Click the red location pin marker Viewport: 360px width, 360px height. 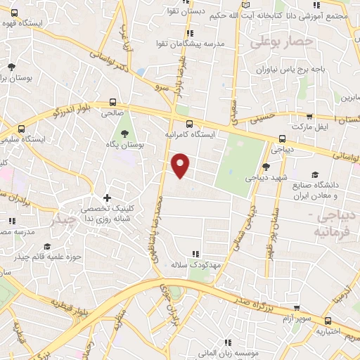(181, 165)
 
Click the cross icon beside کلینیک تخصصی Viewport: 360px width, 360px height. (106, 198)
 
